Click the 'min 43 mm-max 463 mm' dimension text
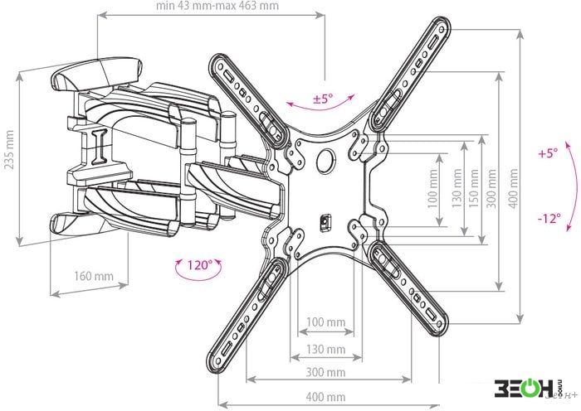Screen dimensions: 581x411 [217, 6]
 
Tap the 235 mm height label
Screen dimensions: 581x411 [9, 149]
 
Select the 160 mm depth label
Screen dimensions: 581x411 [94, 276]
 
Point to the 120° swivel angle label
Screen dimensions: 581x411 [199, 265]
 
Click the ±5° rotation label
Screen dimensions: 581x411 [323, 99]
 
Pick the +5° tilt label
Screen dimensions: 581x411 [548, 152]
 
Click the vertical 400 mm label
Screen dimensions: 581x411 [513, 188]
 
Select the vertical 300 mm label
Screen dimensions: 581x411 [491, 188]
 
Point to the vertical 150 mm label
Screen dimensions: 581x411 [474, 188]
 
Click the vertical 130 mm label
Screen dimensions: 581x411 [457, 188]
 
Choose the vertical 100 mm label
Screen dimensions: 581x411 [432, 189]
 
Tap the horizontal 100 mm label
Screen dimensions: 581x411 [325, 322]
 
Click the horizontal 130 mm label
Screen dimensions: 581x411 [325, 349]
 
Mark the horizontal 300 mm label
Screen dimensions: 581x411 [325, 372]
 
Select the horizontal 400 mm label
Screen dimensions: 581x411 [325, 397]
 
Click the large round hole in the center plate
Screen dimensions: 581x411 [325, 161]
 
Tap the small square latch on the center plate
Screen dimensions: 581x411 [325, 223]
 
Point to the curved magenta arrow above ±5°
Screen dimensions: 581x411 [320, 109]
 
